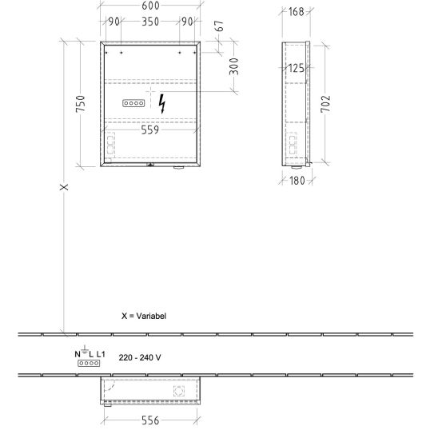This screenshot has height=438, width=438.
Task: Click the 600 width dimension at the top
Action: point(150,6)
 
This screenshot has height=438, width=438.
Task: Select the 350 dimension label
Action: point(150,22)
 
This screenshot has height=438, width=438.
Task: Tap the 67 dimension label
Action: point(220,26)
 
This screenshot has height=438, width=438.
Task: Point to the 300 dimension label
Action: point(234,66)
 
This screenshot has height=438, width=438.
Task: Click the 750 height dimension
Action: point(81,104)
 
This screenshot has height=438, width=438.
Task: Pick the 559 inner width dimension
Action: point(150,130)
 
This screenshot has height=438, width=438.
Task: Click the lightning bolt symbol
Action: point(161,104)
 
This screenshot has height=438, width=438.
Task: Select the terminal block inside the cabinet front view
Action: point(133,103)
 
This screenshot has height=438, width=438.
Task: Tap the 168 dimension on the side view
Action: point(296,12)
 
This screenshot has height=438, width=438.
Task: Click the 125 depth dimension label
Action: point(296,68)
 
